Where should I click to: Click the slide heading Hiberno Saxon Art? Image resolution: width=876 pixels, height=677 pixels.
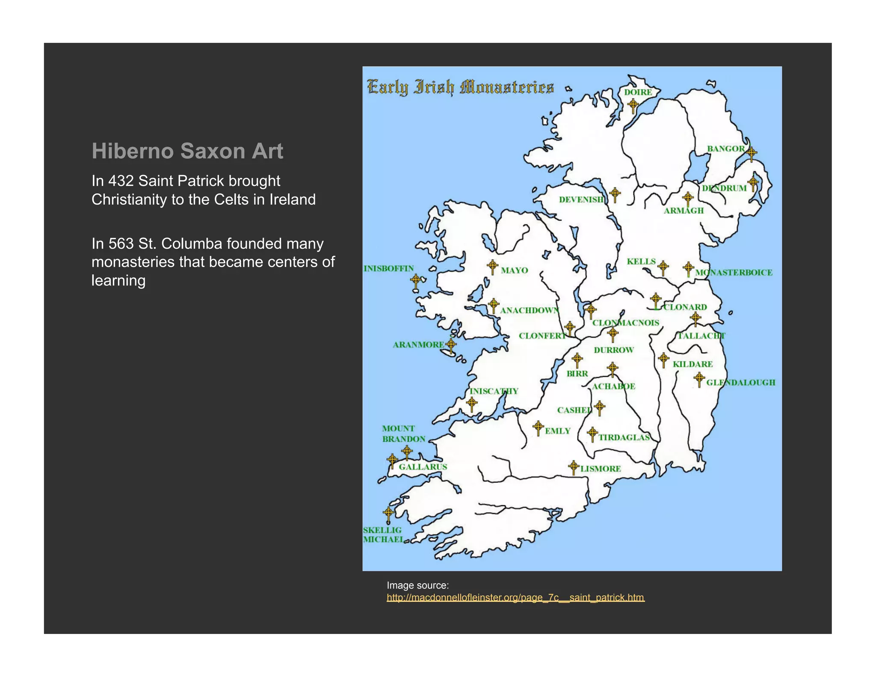pos(187,151)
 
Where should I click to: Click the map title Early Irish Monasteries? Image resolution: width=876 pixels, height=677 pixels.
pos(460,87)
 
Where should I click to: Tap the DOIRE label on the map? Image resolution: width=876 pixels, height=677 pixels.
pos(638,92)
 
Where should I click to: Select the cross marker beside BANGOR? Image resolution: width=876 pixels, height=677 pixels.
pos(751,152)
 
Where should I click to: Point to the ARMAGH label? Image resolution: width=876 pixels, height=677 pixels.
pos(684,211)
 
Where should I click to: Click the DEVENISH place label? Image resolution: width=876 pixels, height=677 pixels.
pos(581,200)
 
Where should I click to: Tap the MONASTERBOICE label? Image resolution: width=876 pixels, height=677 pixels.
pos(734,273)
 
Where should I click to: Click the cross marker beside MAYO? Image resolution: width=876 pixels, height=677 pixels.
pos(492,266)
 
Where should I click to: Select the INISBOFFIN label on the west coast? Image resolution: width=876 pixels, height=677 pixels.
pos(388,269)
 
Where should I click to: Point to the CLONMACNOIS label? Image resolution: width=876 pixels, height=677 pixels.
pos(626,323)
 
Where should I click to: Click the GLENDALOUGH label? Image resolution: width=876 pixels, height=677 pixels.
pos(740,383)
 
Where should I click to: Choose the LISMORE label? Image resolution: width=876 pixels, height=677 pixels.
pos(601,469)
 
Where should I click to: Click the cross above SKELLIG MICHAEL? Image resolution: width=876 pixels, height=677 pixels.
pos(388,513)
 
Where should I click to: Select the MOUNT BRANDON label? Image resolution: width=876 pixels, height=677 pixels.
pos(403,434)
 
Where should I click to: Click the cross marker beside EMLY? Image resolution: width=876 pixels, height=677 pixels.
pos(538,427)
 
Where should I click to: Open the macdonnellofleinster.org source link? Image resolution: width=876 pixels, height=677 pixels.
pos(515,597)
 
